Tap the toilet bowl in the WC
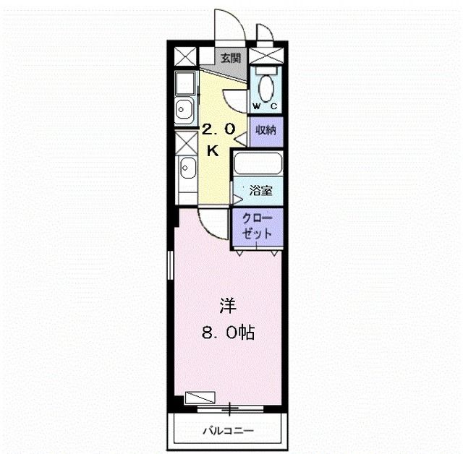(x=266, y=88)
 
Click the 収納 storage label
(x=265, y=130)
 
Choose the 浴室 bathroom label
(x=261, y=192)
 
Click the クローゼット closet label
(x=258, y=227)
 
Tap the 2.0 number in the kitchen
(x=218, y=130)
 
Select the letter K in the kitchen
(x=213, y=150)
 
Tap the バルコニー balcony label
(x=227, y=432)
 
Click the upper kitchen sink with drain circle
(x=184, y=111)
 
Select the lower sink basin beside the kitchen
(x=187, y=173)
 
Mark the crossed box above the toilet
(x=266, y=55)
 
